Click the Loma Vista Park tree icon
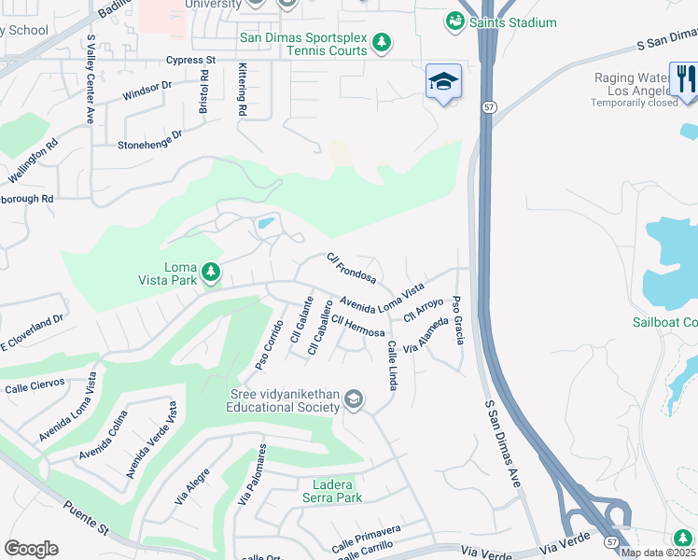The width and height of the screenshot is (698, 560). (x=212, y=272)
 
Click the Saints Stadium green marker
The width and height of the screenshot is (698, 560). (x=454, y=21)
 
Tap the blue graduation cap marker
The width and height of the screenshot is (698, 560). (x=443, y=82)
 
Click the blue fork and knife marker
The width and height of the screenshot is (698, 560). (x=684, y=77)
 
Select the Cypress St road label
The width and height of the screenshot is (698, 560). (x=190, y=60)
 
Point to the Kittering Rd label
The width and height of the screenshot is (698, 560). (x=243, y=90)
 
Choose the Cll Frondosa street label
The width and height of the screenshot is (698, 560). (x=352, y=268)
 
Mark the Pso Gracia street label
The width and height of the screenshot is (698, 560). (x=457, y=319)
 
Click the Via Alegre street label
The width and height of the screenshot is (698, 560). (x=192, y=486)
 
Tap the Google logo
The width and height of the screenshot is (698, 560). (x=31, y=548)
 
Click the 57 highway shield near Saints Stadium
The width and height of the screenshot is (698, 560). (x=489, y=107)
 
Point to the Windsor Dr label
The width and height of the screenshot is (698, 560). (x=147, y=91)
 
